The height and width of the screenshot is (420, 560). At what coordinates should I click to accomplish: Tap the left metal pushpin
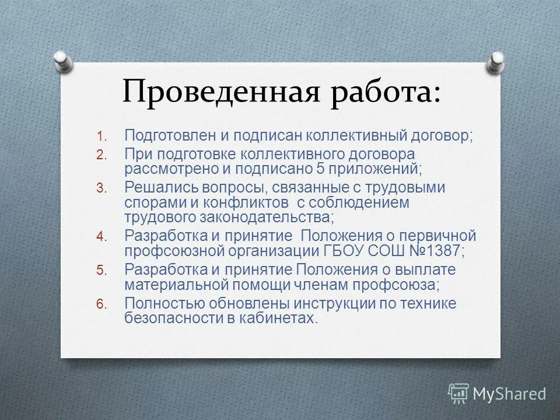tap(62, 60)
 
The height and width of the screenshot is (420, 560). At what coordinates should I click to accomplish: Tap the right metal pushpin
tap(496, 61)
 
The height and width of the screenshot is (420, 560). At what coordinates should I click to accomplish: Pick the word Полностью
tap(164, 303)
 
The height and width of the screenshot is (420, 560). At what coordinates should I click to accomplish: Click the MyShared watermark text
tap(509, 394)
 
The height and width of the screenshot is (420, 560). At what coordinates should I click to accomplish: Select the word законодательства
tap(267, 217)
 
